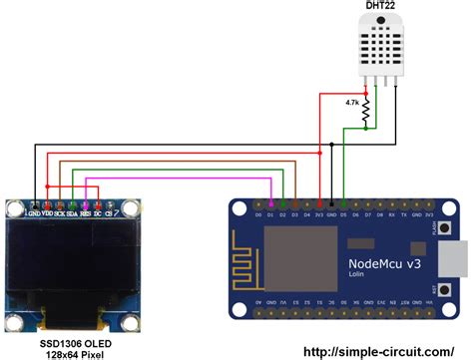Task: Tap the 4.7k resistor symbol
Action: (x=365, y=111)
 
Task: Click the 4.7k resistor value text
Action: (x=352, y=103)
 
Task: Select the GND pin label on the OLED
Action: (x=36, y=210)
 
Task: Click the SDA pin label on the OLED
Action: (x=73, y=210)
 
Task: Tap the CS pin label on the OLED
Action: (x=109, y=210)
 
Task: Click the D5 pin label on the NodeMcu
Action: (x=342, y=214)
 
